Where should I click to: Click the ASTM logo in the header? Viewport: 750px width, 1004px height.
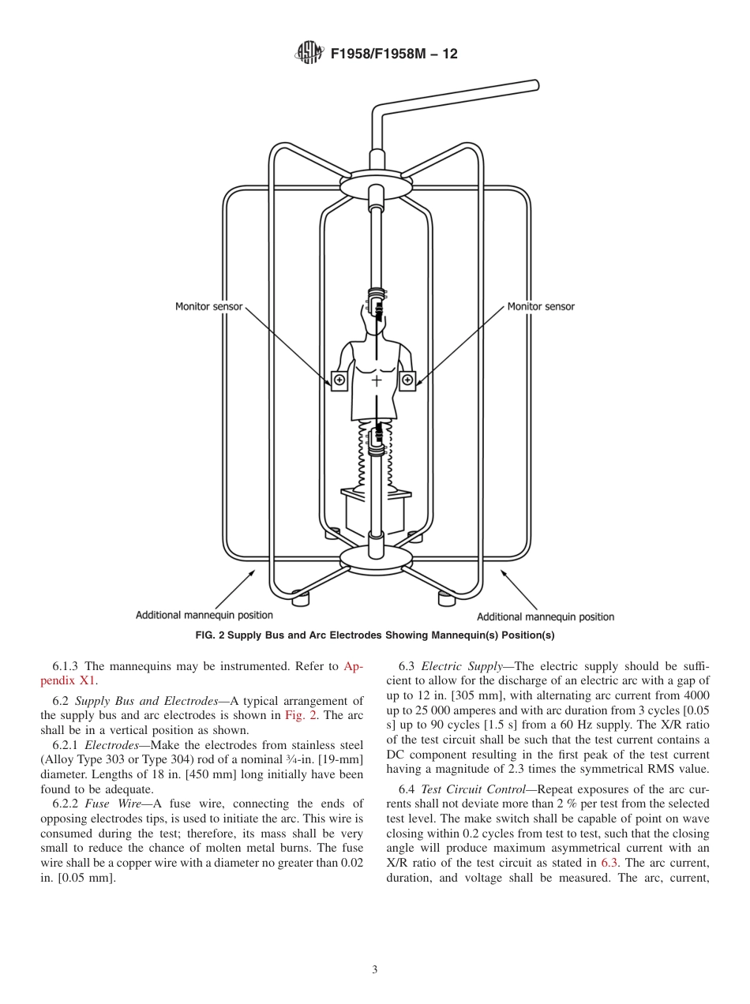[x=309, y=54]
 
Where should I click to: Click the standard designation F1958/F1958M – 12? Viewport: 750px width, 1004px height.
[x=394, y=54]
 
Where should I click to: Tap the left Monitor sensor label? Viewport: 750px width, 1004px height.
[x=209, y=306]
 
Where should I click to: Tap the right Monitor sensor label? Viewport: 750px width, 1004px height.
[x=541, y=306]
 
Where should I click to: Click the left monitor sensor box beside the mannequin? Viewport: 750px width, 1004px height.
[x=339, y=380]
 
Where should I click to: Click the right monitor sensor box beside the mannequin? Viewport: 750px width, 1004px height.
[x=407, y=380]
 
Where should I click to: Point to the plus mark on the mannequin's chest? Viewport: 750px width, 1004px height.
[x=377, y=380]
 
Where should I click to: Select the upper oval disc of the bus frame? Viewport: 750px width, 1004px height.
[x=377, y=184]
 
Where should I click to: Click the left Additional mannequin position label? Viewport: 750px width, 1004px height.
[x=204, y=615]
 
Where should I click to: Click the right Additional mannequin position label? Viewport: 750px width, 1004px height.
[x=546, y=616]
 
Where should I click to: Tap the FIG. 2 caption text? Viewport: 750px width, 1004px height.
[x=375, y=635]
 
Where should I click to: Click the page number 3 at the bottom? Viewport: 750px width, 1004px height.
[x=374, y=970]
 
